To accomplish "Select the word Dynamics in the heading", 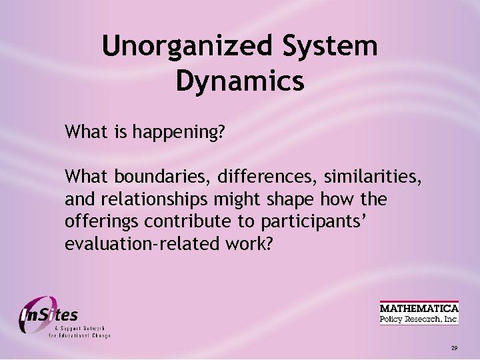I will coord(240,81).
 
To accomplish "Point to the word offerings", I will coord(97,222).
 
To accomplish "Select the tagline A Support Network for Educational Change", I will coord(79,332).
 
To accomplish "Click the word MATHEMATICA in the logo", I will coord(419,308).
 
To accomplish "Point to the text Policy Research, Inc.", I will coord(419,319).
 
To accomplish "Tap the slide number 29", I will coord(453,348).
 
